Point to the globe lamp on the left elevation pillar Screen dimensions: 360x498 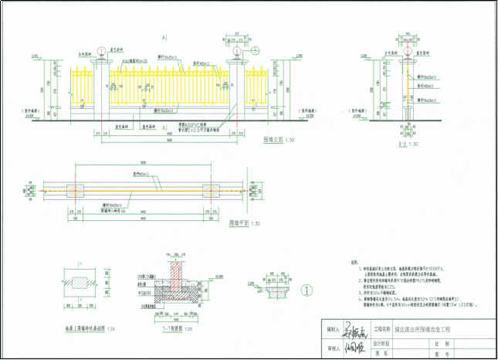click(x=101, y=53)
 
